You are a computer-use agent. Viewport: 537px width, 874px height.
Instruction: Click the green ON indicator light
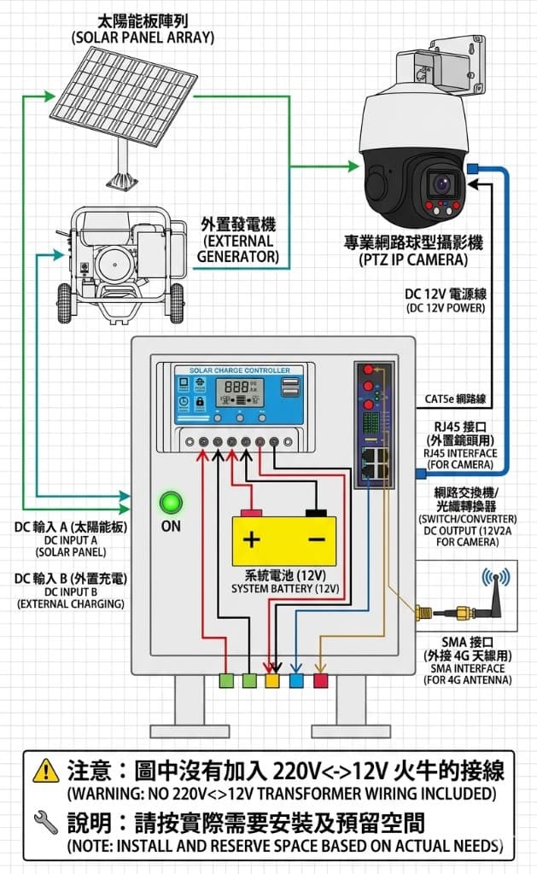172,502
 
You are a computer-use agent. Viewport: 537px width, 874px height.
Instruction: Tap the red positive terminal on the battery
251,513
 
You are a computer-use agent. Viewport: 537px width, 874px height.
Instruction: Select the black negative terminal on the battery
316,513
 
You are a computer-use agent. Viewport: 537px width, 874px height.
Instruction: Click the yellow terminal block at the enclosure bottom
272,680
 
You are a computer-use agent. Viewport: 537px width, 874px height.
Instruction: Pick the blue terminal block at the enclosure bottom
296,680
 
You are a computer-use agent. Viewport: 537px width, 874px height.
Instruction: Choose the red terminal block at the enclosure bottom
320,680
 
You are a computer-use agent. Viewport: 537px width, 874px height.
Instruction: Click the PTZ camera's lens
442,183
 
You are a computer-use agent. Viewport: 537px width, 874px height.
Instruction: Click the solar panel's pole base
122,179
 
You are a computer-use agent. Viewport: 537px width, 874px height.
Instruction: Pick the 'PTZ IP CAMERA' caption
417,259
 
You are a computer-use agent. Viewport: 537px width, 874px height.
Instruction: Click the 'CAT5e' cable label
455,399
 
